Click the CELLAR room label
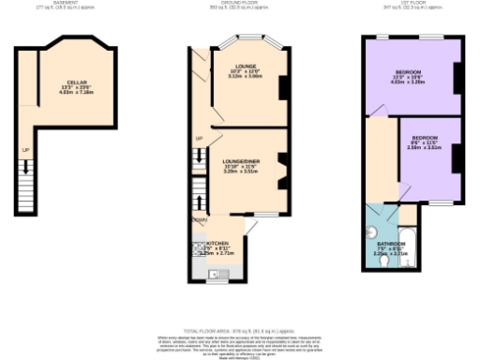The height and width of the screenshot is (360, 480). pyautogui.click(x=63, y=82)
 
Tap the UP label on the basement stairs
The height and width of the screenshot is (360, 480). pyautogui.click(x=25, y=150)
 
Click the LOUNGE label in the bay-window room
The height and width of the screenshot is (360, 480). pyautogui.click(x=246, y=67)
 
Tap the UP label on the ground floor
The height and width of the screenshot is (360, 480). pyautogui.click(x=199, y=139)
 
